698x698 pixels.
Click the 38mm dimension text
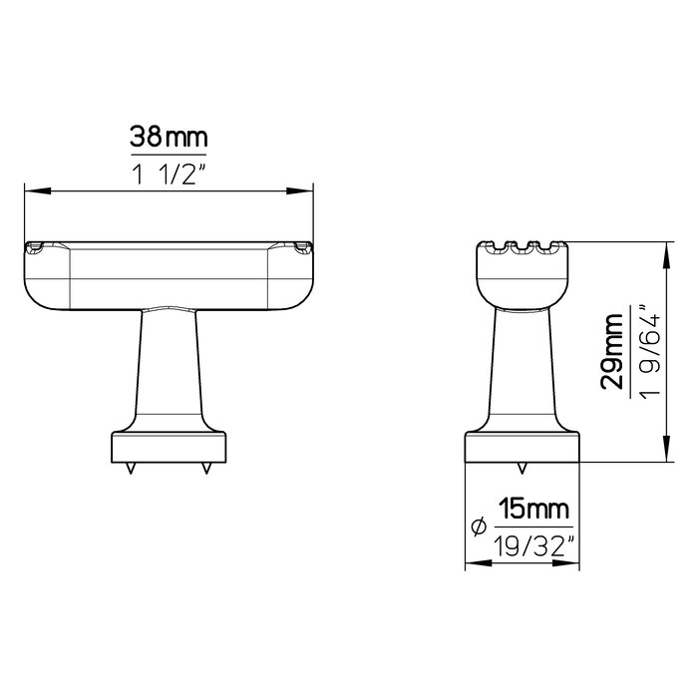point(169,137)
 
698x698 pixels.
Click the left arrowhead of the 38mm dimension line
point(29,190)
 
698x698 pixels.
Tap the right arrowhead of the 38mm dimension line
point(307,190)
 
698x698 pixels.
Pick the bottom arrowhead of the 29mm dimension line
point(664,455)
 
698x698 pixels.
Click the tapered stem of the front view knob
point(169,369)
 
